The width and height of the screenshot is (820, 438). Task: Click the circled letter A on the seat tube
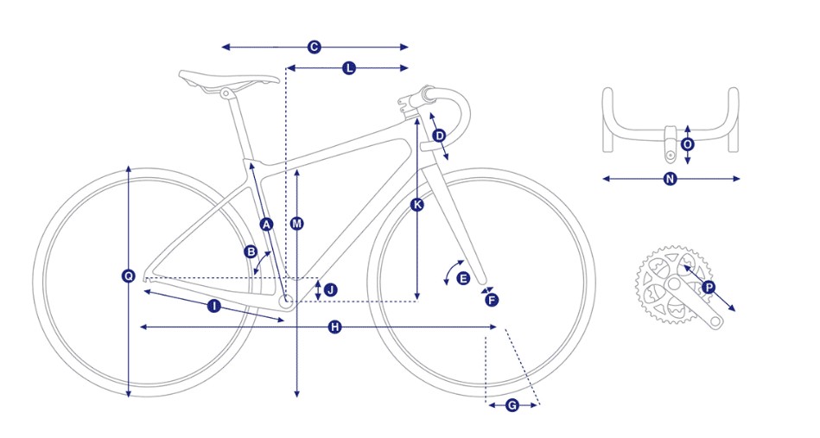[x=266, y=225]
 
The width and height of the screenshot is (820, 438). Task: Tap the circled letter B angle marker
[x=251, y=252]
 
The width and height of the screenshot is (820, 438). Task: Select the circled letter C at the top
[x=315, y=47]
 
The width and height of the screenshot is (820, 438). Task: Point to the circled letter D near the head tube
[x=439, y=136]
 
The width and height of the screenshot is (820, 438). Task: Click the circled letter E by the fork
[x=463, y=278]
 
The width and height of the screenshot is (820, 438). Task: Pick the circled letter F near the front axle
[x=492, y=300]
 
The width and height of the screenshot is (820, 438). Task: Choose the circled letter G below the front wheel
[x=512, y=404]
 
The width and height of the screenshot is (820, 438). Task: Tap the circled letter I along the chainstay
[x=213, y=306]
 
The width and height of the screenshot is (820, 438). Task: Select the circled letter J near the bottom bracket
[x=329, y=289]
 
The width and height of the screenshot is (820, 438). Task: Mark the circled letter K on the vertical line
[x=417, y=205]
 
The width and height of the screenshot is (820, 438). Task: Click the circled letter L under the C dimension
[x=348, y=67]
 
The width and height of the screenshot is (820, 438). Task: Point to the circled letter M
[x=297, y=224]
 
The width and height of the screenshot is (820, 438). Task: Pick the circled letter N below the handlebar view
[x=670, y=179]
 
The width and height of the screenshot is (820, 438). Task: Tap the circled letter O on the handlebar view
[x=688, y=144]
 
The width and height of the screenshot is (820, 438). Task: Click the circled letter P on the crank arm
[x=709, y=287]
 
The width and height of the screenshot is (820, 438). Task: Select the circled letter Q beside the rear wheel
[x=128, y=276]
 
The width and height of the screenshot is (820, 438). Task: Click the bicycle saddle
[x=229, y=79]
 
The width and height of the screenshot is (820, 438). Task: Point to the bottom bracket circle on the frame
[x=287, y=302]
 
